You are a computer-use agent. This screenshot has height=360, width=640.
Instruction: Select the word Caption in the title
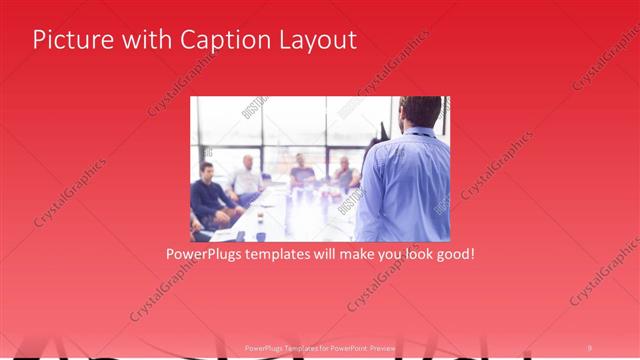coord(223,40)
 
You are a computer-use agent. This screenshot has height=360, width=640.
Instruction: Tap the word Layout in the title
coord(315,40)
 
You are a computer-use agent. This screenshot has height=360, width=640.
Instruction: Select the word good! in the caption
coord(452,254)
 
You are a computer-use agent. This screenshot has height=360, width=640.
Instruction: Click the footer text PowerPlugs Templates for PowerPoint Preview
coord(320,347)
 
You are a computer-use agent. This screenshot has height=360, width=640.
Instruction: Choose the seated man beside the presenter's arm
coord(345,176)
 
